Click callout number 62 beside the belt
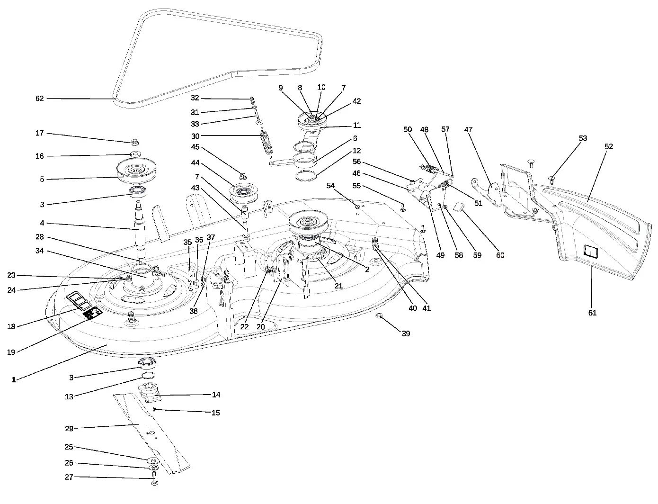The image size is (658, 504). coord(40,99)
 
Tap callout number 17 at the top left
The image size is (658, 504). coord(40,133)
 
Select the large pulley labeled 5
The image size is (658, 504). coord(136,171)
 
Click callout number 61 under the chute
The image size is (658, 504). coord(592,313)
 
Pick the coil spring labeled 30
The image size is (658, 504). coord(267,142)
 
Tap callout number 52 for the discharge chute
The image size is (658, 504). coord(609,146)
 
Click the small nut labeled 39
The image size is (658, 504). coord(379,316)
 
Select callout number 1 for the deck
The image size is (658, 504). coord(14,380)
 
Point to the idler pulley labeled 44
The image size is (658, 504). coord(243,193)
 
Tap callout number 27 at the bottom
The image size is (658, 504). coord(69,477)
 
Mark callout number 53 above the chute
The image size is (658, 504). coord(583,138)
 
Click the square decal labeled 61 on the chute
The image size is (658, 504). coord(590,251)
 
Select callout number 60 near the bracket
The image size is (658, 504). coord(500,255)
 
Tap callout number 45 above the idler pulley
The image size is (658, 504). coord(196,147)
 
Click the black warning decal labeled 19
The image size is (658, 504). coord(93,313)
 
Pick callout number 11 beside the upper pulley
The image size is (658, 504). coord(357,125)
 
